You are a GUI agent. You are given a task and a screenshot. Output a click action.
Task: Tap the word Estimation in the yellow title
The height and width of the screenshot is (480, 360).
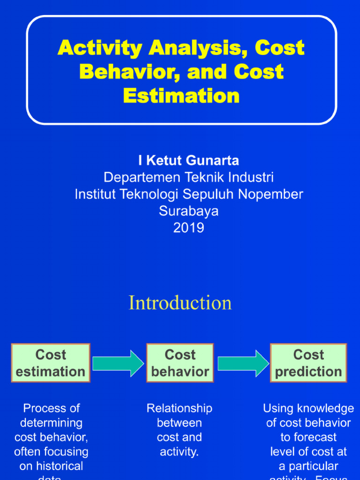pyautogui.click(x=181, y=96)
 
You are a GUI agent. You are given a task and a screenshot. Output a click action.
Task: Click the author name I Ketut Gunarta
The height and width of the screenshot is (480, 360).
pyautogui.click(x=188, y=161)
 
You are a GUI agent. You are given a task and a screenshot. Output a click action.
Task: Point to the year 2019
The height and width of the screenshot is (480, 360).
pyautogui.click(x=188, y=228)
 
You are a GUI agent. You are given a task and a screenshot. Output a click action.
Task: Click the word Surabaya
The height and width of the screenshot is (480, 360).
pyautogui.click(x=188, y=211)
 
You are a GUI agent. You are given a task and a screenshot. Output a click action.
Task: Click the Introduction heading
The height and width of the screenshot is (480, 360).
pyautogui.click(x=180, y=303)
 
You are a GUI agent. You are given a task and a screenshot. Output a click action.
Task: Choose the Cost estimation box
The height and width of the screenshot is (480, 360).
pyautogui.click(x=51, y=363)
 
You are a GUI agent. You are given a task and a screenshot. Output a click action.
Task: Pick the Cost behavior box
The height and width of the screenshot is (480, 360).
pyautogui.click(x=180, y=363)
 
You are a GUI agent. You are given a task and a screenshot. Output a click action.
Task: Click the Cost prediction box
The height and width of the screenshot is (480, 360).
pyautogui.click(x=308, y=363)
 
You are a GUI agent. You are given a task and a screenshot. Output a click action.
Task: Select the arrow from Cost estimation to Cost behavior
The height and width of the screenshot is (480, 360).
pyautogui.click(x=118, y=363)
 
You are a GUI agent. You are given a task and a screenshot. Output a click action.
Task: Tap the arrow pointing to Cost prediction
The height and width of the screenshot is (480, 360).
pyautogui.click(x=243, y=363)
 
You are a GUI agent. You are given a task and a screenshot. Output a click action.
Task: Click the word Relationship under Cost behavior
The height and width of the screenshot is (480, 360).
pyautogui.click(x=180, y=408)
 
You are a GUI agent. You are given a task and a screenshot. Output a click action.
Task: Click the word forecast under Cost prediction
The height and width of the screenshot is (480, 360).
pyautogui.click(x=308, y=437)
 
